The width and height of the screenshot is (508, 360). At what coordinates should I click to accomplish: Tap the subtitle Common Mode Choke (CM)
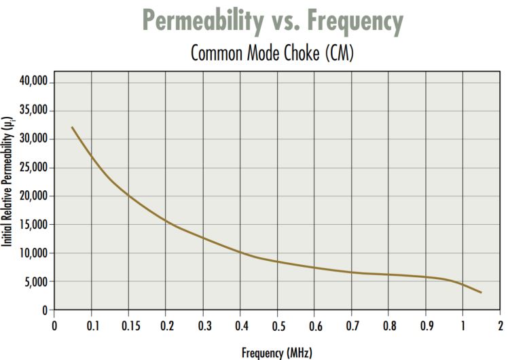click(x=272, y=53)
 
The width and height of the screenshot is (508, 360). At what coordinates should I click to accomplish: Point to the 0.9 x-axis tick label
click(x=425, y=325)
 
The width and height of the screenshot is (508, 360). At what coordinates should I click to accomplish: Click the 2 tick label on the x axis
click(x=500, y=325)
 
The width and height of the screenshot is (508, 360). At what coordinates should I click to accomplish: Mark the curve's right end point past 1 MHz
click(x=481, y=292)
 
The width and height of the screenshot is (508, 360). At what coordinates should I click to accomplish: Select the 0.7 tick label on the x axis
click(x=351, y=325)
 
